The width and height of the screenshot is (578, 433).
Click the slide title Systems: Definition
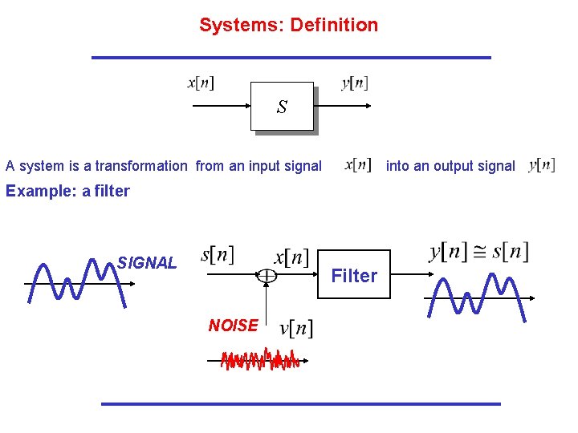coord(288,25)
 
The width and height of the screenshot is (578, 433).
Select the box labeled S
coord(282,107)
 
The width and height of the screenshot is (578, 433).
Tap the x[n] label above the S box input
coord(201,83)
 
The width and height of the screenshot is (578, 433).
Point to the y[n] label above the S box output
coord(354,83)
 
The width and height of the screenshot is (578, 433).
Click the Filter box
coord(354,276)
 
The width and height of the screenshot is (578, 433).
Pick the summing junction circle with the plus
coord(266,276)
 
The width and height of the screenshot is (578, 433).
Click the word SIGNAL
coord(147,262)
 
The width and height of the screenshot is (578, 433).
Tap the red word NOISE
coord(233,325)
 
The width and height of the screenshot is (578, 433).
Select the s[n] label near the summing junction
coord(217,255)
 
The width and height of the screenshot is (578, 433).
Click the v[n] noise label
coord(295,327)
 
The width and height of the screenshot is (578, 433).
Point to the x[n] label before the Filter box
coord(291,257)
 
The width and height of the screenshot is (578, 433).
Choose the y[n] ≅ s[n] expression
coord(478,252)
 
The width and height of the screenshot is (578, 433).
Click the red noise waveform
coord(259,360)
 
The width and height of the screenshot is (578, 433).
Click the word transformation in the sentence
coord(140,166)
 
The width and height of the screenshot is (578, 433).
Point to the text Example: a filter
coord(67,191)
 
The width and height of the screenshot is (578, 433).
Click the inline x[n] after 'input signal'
coord(358,164)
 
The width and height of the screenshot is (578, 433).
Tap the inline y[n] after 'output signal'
coord(542,165)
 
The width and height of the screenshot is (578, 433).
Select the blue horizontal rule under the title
coord(291,58)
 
